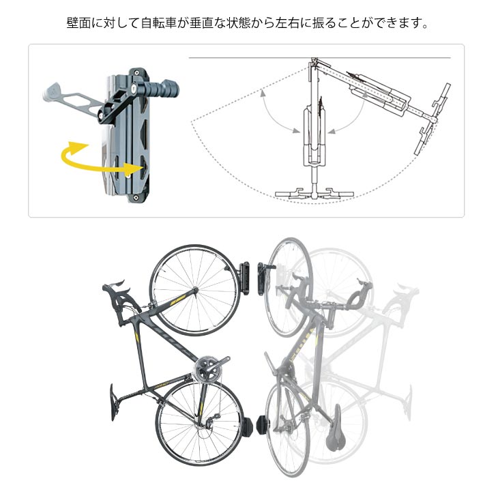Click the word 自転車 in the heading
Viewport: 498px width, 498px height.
click(155, 24)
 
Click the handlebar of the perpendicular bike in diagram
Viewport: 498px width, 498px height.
click(313, 193)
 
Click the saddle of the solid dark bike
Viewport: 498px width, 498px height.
click(115, 402)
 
